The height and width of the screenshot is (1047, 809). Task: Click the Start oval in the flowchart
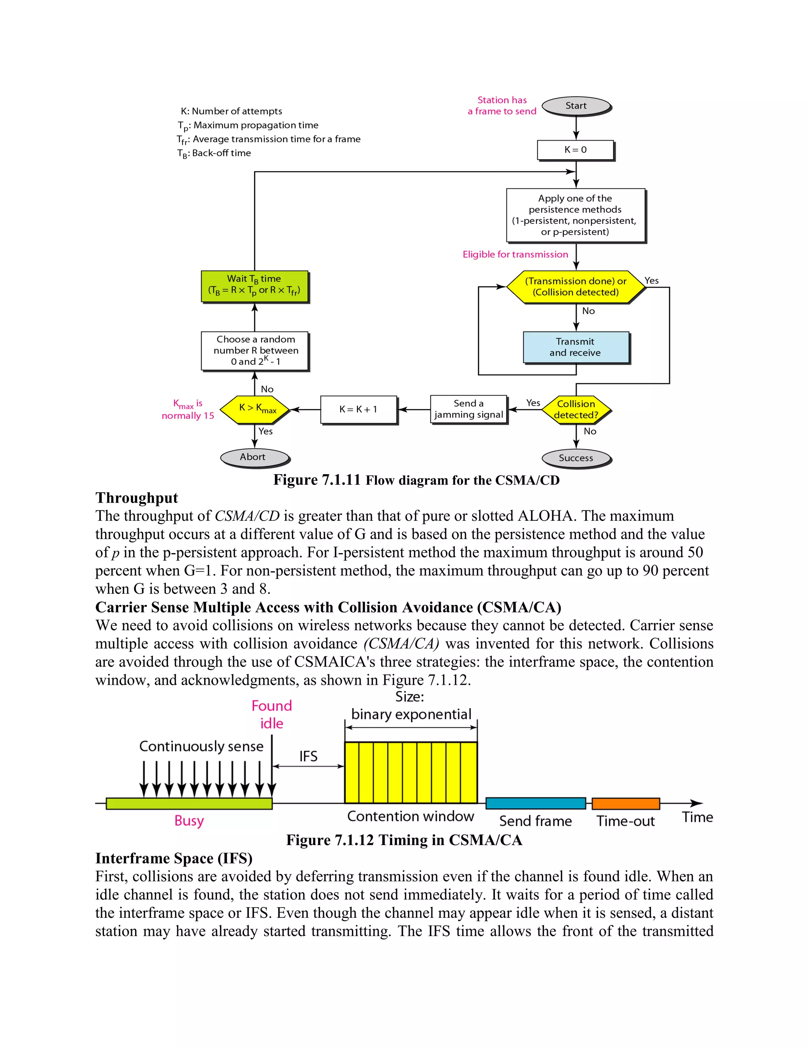[576, 106]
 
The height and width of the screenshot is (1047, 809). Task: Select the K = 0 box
[575, 150]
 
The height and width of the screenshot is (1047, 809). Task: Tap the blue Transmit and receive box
[575, 347]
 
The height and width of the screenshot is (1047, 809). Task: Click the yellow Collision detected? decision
[576, 409]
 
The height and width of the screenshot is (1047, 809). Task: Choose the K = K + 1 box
[359, 409]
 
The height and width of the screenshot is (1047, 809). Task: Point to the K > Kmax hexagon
[255, 409]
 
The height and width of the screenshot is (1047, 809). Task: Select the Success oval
[576, 458]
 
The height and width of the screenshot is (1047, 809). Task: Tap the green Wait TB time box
[254, 286]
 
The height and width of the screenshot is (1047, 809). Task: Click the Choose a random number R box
[254, 350]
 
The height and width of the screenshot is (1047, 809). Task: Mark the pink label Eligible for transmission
[515, 254]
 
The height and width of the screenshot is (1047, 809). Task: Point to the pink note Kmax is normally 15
[188, 409]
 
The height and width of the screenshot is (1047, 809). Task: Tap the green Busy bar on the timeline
[189, 804]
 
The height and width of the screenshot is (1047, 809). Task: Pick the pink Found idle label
[272, 714]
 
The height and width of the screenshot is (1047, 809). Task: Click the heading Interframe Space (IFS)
[173, 858]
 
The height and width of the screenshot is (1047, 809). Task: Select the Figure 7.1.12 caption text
[404, 840]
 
